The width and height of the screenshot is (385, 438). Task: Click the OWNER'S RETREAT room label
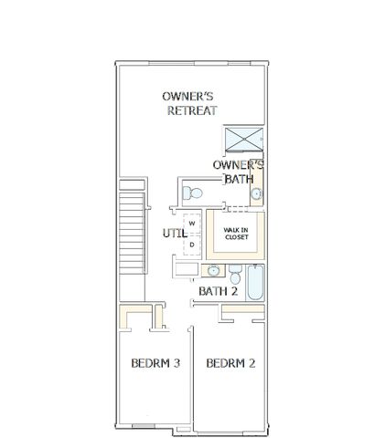click(189, 103)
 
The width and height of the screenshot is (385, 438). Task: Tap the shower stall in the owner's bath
click(244, 140)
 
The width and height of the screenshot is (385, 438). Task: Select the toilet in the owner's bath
click(192, 193)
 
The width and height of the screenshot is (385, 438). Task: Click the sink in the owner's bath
click(257, 193)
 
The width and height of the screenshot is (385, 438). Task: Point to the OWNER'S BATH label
click(238, 172)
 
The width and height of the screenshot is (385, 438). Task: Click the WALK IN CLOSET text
click(236, 234)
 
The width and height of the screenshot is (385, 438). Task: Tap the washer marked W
click(192, 224)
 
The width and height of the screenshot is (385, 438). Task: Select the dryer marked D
click(192, 245)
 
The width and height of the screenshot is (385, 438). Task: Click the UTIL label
click(175, 234)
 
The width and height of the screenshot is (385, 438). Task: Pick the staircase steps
click(132, 233)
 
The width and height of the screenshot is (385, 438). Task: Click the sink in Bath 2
click(213, 270)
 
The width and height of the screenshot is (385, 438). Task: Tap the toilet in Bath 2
click(235, 274)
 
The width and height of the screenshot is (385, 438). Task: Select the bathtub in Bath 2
click(255, 283)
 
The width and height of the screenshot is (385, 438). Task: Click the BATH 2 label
click(218, 291)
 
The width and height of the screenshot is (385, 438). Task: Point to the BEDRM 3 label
click(155, 363)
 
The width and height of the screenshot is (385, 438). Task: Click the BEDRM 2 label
click(230, 363)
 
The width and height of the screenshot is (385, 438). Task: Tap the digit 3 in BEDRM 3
click(176, 363)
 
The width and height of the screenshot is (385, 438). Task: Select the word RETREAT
click(192, 110)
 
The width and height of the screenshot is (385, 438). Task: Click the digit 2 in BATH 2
click(234, 291)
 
